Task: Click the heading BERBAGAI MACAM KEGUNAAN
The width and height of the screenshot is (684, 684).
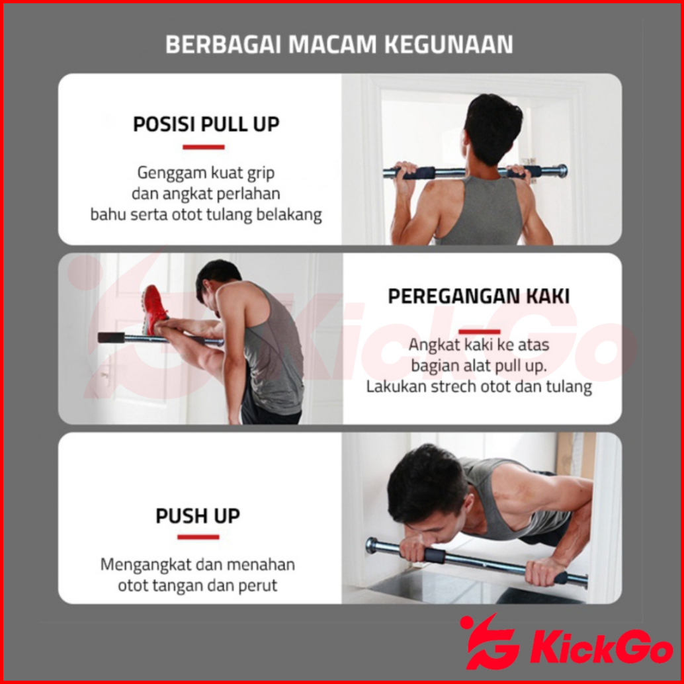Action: [339, 44]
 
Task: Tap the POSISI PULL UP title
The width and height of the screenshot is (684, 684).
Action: [206, 124]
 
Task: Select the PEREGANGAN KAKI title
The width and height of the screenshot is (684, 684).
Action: [478, 296]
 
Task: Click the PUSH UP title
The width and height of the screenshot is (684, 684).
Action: [198, 515]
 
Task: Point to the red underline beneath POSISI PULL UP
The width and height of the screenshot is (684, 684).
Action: [203, 147]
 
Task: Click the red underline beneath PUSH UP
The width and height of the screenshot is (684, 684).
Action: [198, 537]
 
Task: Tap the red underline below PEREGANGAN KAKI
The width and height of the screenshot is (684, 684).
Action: [479, 332]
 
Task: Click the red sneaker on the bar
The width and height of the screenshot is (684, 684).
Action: [154, 308]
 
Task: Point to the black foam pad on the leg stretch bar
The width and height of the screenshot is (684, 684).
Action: [111, 337]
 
